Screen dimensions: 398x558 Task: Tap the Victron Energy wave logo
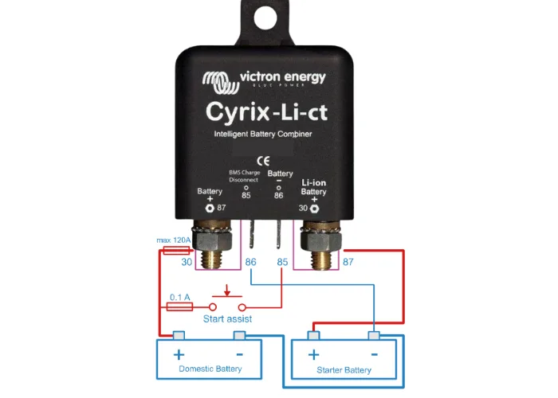pyautogui.click(x=218, y=80)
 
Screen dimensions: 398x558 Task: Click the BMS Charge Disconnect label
pyautogui.click(x=246, y=175)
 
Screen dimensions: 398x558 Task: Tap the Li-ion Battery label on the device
pyautogui.click(x=314, y=187)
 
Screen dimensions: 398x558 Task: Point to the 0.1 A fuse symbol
pyautogui.click(x=179, y=306)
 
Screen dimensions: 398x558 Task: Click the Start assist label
pyautogui.click(x=227, y=318)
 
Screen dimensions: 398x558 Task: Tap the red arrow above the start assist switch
pyautogui.click(x=228, y=290)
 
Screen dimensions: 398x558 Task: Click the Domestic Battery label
pyautogui.click(x=210, y=369)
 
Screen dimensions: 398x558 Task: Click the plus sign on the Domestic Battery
pyautogui.click(x=179, y=354)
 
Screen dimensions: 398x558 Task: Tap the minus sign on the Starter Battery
pyautogui.click(x=373, y=355)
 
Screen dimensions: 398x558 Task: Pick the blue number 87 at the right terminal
pyautogui.click(x=348, y=261)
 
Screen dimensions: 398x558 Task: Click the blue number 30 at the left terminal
pyautogui.click(x=187, y=262)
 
